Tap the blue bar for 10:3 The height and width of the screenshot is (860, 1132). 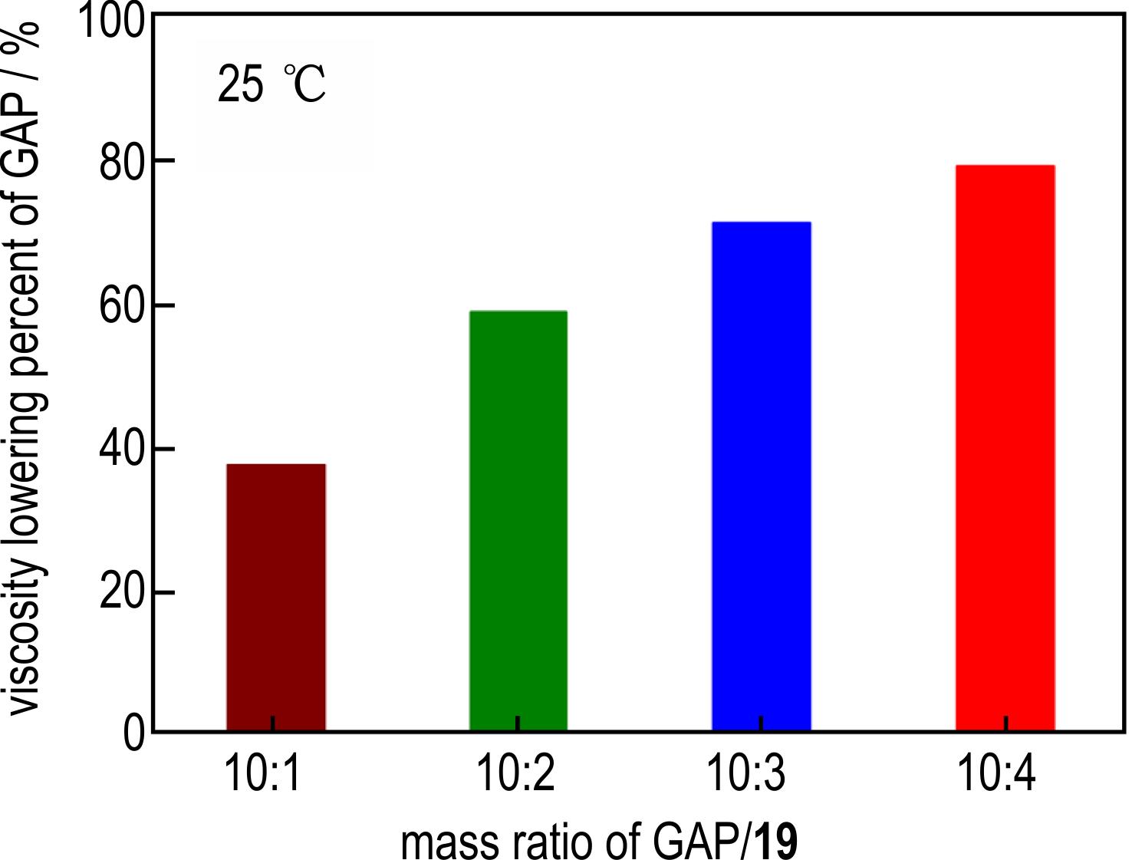click(x=762, y=476)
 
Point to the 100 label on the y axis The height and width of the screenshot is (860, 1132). click(x=112, y=21)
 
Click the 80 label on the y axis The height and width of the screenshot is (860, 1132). click(x=122, y=162)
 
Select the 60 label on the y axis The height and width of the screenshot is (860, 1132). click(x=122, y=306)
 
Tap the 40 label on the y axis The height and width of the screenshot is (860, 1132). click(x=122, y=450)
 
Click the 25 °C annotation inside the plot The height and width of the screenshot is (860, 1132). click(x=271, y=84)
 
